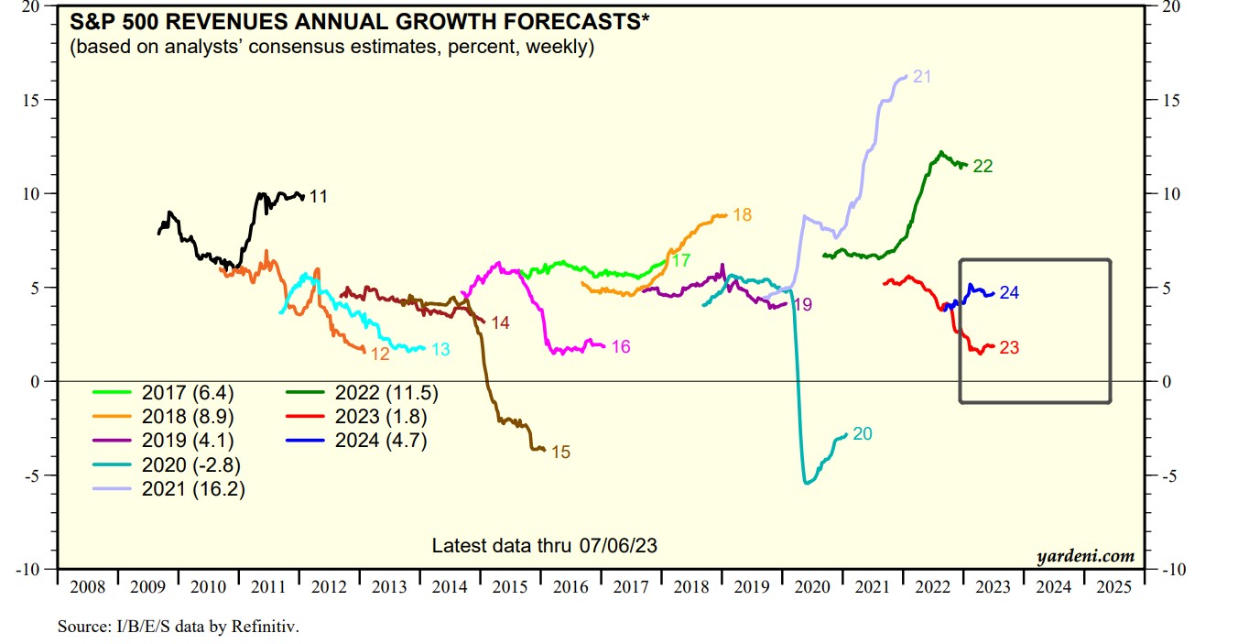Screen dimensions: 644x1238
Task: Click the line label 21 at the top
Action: (922, 77)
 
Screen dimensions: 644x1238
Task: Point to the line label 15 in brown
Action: (561, 452)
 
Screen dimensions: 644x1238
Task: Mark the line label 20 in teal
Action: (862, 434)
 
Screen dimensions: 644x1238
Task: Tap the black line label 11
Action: (318, 196)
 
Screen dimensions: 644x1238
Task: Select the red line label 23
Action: (1009, 348)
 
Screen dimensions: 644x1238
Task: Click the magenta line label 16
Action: (621, 346)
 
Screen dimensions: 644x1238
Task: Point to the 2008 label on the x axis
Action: (87, 586)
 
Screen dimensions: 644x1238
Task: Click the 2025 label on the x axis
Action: (1113, 586)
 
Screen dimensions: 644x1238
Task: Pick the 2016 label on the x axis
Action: (570, 586)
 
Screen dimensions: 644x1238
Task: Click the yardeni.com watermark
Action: (1085, 556)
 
